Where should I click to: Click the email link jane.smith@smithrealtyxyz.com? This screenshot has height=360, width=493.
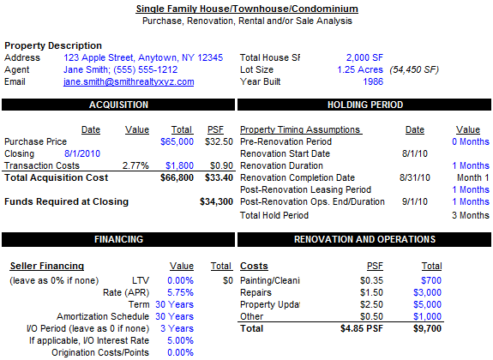click(x=129, y=81)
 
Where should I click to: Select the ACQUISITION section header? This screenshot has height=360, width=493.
click(x=118, y=105)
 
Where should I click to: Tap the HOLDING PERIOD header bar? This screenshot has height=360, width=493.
click(x=364, y=105)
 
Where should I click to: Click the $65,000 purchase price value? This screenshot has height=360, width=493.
click(x=177, y=141)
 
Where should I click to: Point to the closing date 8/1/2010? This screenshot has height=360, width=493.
click(x=82, y=153)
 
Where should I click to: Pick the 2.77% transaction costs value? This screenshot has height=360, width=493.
click(x=135, y=165)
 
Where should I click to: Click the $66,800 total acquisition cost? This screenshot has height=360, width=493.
click(x=177, y=177)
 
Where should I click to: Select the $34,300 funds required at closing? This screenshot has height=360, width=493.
click(x=216, y=201)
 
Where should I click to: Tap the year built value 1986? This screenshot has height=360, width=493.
click(x=373, y=81)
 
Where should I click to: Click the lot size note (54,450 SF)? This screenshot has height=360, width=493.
click(x=414, y=69)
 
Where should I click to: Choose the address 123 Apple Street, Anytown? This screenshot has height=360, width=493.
click(x=143, y=57)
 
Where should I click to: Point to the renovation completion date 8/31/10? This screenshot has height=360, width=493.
click(x=415, y=177)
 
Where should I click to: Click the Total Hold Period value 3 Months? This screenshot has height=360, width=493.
click(x=471, y=215)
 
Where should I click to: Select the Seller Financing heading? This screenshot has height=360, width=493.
click(x=47, y=266)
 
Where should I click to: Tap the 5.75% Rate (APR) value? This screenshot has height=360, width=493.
click(x=180, y=293)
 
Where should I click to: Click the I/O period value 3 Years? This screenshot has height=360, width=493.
click(x=177, y=328)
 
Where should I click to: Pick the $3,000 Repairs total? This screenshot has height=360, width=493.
click(x=427, y=293)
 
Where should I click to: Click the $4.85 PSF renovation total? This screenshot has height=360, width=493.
click(x=362, y=328)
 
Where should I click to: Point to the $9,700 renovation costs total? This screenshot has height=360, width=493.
click(x=427, y=328)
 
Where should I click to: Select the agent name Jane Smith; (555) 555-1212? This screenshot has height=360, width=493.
click(x=121, y=69)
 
